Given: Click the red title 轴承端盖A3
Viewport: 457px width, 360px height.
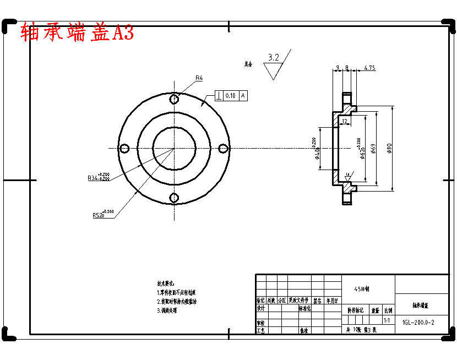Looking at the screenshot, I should pyautogui.click(x=77, y=33).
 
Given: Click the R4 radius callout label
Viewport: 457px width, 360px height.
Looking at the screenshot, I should pyautogui.click(x=199, y=78).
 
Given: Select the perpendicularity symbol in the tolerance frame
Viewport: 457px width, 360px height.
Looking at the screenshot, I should pyautogui.click(x=219, y=96).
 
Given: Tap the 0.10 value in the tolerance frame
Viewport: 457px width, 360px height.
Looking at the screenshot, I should pyautogui.click(x=230, y=96).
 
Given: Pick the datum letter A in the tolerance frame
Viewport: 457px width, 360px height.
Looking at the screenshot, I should pyautogui.click(x=243, y=96).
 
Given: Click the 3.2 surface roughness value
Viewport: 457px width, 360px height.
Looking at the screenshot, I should pyautogui.click(x=273, y=57).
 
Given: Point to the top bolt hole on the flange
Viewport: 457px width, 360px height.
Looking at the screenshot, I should pyautogui.click(x=174, y=99).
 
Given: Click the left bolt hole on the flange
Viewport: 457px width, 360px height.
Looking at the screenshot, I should pyautogui.click(x=124, y=148).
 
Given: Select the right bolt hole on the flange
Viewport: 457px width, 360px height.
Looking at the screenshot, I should pyautogui.click(x=223, y=148).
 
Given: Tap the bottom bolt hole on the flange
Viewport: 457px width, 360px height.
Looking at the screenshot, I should pyautogui.click(x=174, y=198).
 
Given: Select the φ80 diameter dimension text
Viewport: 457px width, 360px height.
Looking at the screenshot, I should pyautogui.click(x=389, y=148).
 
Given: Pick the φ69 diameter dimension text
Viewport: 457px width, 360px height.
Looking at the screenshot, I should pyautogui.click(x=373, y=148).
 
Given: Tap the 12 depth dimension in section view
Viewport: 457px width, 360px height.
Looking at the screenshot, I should pyautogui.click(x=344, y=121).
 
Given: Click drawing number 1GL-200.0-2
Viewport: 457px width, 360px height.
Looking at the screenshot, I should pyautogui.click(x=418, y=323).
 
